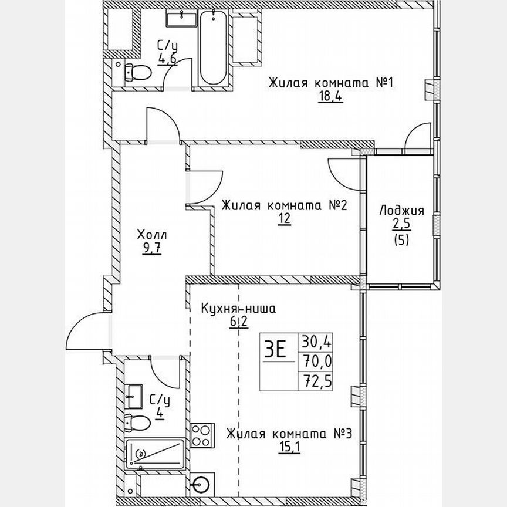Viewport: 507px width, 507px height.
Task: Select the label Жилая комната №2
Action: [x=285, y=206]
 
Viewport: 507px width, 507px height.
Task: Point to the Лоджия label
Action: [x=401, y=211]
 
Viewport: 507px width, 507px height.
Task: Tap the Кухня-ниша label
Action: [x=238, y=309]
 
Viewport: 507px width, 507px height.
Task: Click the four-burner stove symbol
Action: [x=202, y=436]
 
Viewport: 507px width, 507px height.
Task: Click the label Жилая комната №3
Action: [x=289, y=435]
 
